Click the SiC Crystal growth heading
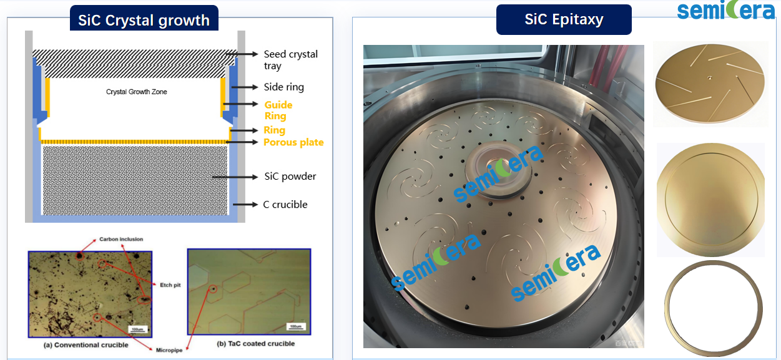click(144, 20)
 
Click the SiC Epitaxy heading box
click(564, 19)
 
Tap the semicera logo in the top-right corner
click(725, 11)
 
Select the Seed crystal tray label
click(290, 60)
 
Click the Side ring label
click(283, 87)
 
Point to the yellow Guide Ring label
click(278, 110)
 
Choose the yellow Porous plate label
click(293, 142)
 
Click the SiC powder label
click(290, 177)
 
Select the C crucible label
click(285, 204)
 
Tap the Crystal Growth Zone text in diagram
click(136, 92)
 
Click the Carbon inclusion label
click(121, 239)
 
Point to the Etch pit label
click(169, 285)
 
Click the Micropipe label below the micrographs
click(169, 350)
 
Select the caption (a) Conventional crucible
click(86, 344)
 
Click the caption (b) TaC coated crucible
click(255, 343)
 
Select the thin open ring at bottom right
click(713, 308)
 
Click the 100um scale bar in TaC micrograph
click(294, 326)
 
